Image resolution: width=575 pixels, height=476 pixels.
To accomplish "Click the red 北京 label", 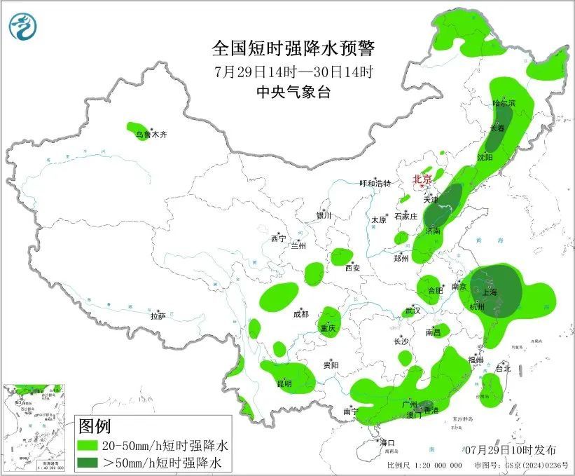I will (422, 179).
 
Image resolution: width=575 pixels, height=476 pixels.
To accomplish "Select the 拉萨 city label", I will (158, 316).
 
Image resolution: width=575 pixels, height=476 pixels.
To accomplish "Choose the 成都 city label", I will (301, 315).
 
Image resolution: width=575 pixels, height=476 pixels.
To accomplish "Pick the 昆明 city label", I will (284, 383).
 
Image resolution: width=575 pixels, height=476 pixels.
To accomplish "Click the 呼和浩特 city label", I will (375, 184).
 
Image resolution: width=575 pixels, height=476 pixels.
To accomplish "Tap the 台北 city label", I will (503, 368).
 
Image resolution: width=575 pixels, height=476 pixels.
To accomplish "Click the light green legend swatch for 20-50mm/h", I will (88, 445).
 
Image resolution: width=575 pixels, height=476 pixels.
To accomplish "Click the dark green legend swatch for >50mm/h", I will (88, 462).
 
